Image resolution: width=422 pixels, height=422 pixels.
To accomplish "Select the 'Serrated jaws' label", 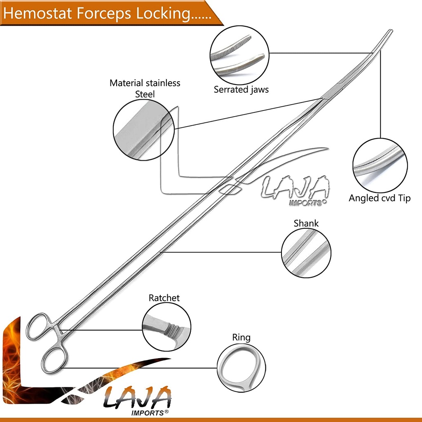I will (241, 89).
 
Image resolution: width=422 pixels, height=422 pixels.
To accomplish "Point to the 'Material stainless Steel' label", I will (145, 88).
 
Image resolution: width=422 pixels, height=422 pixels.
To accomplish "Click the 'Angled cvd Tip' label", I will (380, 198).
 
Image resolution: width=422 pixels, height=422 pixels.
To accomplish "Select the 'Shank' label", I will (306, 223).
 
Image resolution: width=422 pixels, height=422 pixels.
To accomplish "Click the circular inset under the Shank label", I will (306, 253).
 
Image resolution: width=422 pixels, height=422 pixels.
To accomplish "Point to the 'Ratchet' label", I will (164, 298).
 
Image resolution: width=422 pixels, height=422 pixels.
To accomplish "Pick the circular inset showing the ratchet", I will (166, 326).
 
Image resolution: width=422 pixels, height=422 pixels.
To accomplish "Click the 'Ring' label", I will (241, 338).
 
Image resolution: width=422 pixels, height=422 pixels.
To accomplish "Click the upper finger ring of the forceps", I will (38, 326).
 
